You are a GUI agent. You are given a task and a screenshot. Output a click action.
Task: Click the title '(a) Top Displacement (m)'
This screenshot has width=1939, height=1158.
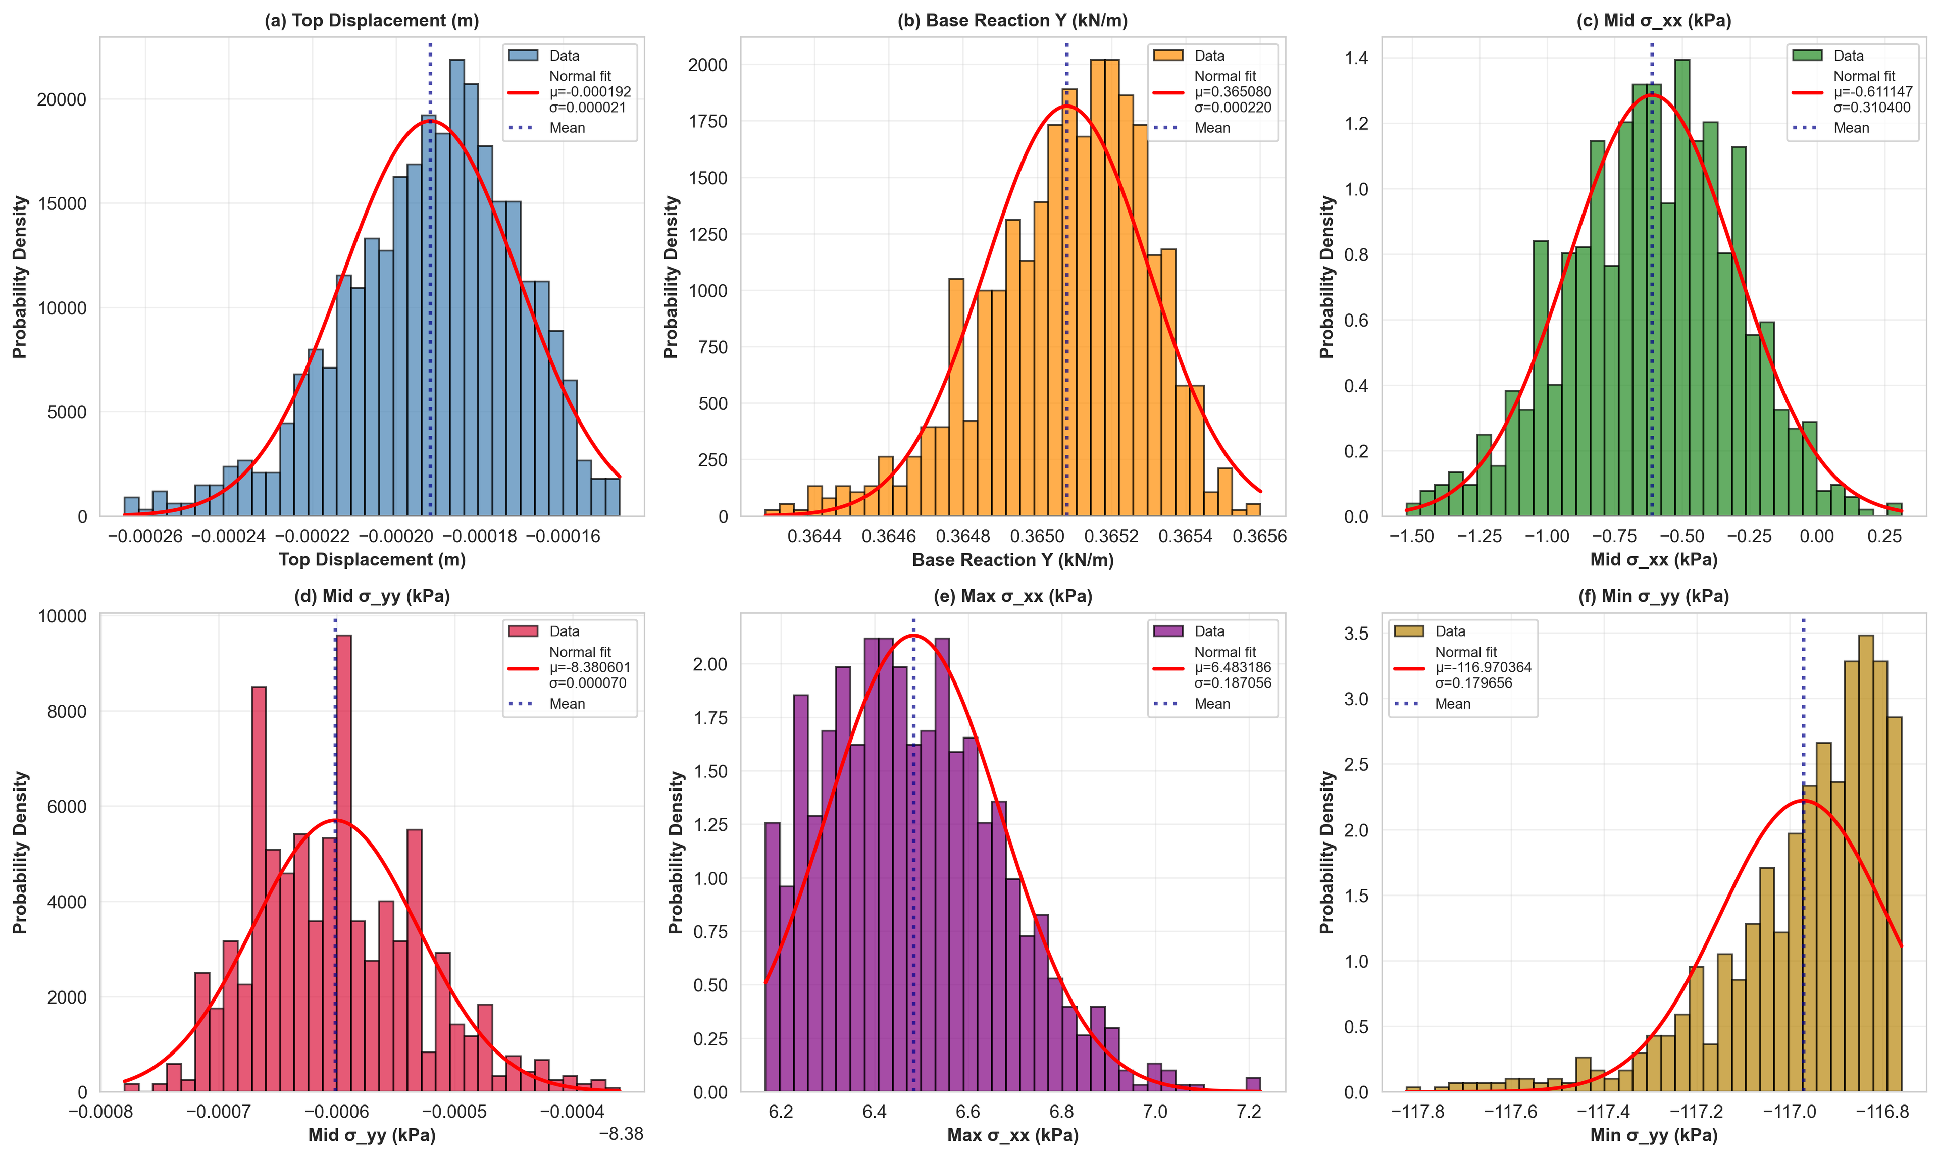pyautogui.click(x=372, y=20)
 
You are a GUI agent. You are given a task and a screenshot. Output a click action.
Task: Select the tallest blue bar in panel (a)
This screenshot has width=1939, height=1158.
pyautogui.click(x=456, y=289)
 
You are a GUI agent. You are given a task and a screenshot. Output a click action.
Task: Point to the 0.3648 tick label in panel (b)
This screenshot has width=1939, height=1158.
pyautogui.click(x=962, y=536)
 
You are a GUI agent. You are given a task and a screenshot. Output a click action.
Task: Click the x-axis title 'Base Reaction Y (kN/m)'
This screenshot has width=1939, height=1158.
pyautogui.click(x=1012, y=559)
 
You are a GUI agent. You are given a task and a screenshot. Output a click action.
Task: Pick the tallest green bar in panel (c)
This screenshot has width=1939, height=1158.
pyautogui.click(x=1682, y=289)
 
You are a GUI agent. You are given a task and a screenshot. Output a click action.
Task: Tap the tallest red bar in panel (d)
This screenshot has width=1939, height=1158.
pyautogui.click(x=343, y=862)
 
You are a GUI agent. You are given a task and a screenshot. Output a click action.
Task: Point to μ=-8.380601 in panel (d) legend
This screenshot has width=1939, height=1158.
pyautogui.click(x=589, y=667)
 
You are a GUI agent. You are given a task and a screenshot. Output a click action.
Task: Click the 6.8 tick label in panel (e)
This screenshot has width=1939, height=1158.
pyautogui.click(x=1061, y=1111)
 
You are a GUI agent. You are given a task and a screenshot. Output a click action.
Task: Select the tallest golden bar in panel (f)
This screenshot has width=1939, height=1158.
pyautogui.click(x=1866, y=862)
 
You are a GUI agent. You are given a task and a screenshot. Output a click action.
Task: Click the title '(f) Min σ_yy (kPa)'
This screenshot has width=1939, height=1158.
pyautogui.click(x=1653, y=596)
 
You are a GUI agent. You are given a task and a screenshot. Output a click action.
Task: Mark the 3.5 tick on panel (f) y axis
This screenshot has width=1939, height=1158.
pyautogui.click(x=1357, y=633)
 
